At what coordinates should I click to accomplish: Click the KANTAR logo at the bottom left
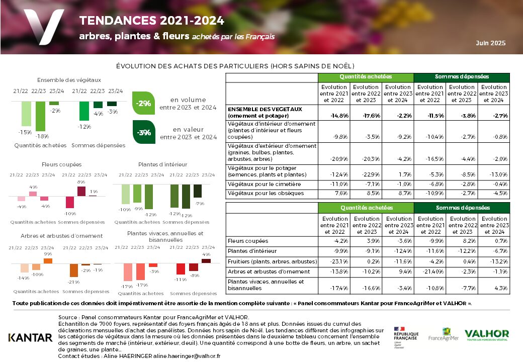pos(30,337)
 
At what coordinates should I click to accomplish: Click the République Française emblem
pos(406,337)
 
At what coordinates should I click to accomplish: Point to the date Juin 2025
pos(491,43)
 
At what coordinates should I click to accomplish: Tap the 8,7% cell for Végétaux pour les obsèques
pos(397,193)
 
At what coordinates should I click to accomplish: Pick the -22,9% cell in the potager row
pos(366,174)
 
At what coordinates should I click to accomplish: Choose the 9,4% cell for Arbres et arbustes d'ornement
pos(397,271)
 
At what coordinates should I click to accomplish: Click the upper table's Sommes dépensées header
pos(461,77)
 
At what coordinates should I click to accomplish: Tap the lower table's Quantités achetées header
pos(366,208)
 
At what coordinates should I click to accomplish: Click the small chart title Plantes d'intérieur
pos(162,164)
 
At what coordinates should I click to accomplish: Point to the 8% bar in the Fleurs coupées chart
pos(81,191)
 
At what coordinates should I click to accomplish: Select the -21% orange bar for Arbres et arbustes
pos(73,270)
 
